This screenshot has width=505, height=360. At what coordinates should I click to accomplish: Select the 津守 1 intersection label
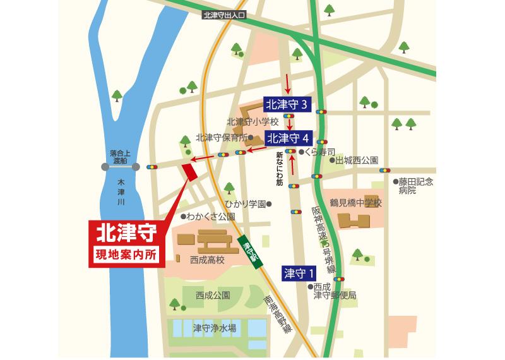pos(299,273)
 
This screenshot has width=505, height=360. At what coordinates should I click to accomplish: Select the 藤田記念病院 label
pos(417,186)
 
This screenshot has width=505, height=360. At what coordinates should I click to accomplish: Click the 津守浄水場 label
pos(215,328)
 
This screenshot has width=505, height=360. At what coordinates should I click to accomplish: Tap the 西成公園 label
pos(213,294)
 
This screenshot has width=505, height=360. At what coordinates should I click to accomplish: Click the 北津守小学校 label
pos(248,122)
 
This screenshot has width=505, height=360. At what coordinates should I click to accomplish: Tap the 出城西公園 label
pos(357,160)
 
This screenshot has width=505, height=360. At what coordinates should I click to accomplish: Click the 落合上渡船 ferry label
pos(118,157)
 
